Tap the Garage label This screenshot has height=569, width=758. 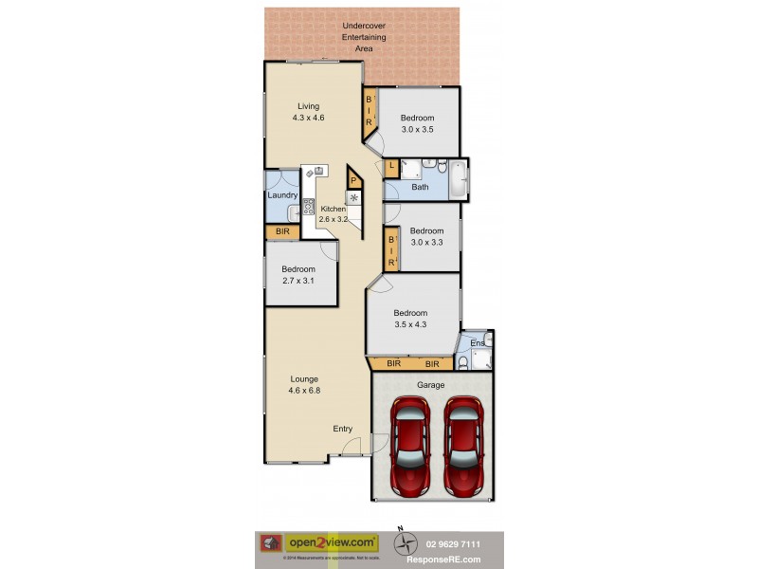click(431, 385)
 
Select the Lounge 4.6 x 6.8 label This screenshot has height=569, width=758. click(304, 385)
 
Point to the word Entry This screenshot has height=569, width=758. click(343, 429)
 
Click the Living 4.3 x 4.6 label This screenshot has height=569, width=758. click(308, 112)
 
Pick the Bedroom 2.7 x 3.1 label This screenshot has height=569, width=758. click(298, 275)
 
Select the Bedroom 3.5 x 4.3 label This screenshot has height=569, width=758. click(410, 319)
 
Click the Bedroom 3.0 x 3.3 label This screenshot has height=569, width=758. click(426, 236)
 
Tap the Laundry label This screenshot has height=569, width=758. click(282, 195)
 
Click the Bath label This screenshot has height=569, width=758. click(420, 187)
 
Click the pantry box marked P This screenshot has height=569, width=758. click(353, 180)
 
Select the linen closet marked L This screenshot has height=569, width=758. click(391, 167)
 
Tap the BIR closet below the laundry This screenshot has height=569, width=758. click(281, 231)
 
